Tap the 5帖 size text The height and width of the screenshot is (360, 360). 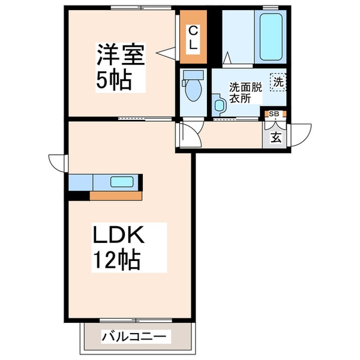pos(114,81)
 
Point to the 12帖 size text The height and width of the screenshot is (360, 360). pos(116,260)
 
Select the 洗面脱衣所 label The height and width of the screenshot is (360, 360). pos(246,92)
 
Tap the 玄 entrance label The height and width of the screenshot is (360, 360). pos(276,137)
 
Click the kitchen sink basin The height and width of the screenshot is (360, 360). pos(122,182)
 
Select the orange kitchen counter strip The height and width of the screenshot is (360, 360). pos(115,196)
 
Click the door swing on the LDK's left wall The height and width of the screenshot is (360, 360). pos(59,162)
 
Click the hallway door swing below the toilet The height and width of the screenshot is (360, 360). pos(190,134)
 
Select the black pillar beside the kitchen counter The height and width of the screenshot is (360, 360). pos(78,196)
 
